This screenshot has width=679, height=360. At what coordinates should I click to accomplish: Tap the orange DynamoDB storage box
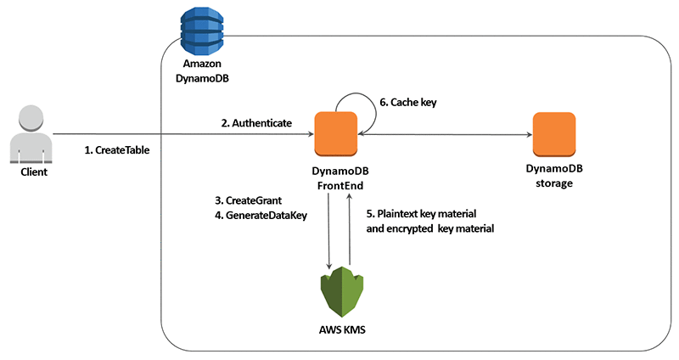(554, 134)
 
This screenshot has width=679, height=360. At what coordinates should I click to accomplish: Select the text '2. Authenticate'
(256, 123)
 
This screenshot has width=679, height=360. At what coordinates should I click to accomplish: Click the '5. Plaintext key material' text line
(427, 214)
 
